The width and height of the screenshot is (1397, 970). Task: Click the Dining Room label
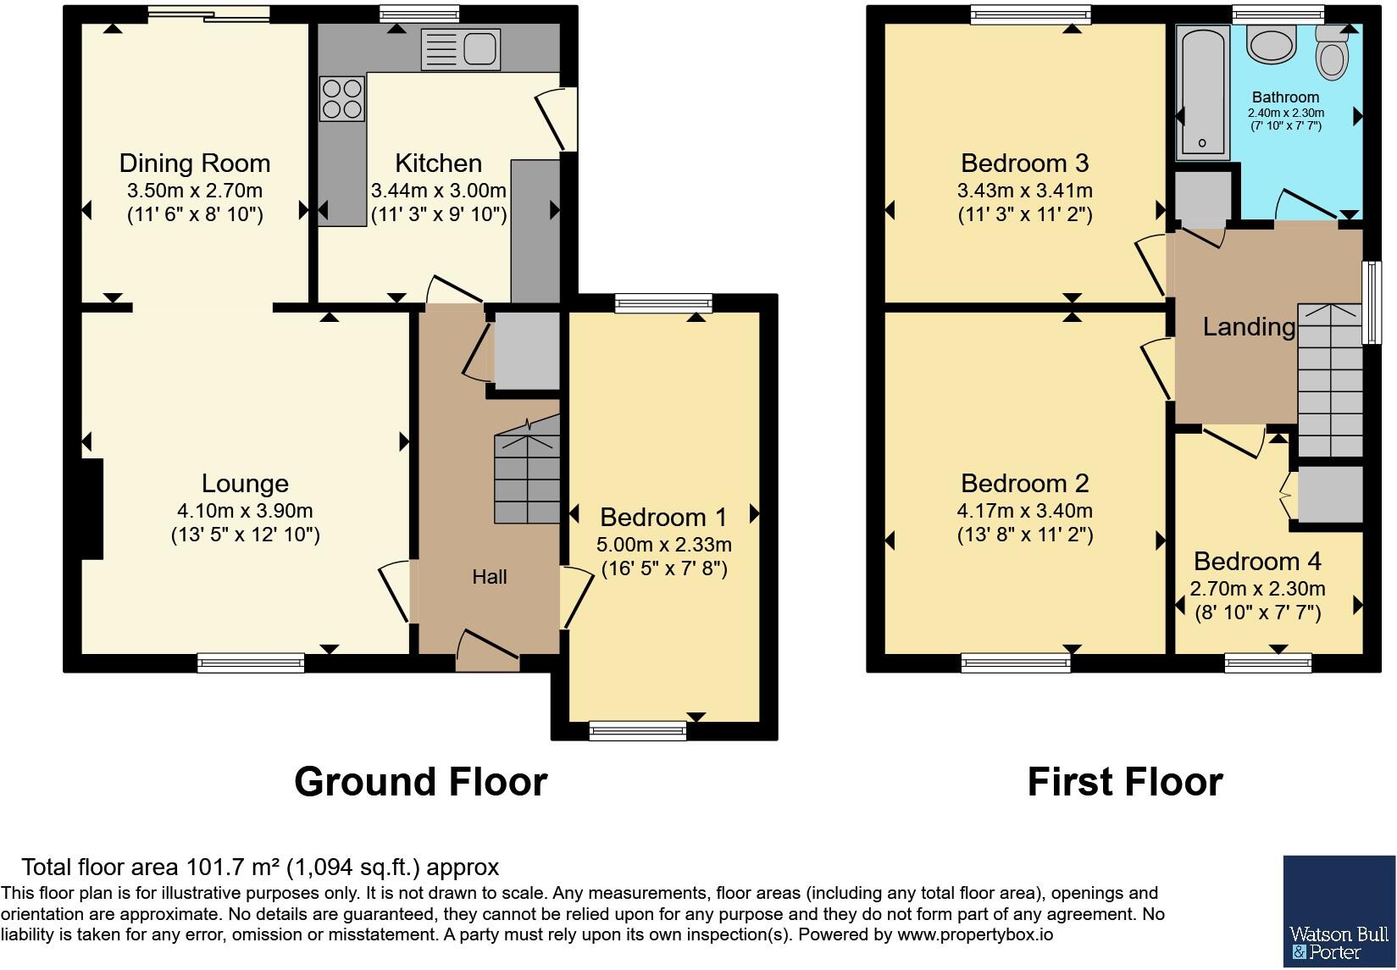pos(195,164)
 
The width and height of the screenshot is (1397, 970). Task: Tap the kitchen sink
pos(460,48)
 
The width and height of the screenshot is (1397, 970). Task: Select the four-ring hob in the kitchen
pos(341,98)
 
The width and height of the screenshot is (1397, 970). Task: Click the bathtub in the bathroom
pos(1202,92)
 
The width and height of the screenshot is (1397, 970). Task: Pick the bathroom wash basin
pos(1271,44)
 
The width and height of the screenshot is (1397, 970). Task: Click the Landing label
pos(1249,327)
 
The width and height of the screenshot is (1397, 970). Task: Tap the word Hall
pos(490,577)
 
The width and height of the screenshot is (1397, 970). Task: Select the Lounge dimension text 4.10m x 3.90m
pos(245,511)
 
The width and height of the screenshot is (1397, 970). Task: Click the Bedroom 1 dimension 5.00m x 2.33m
pos(663,545)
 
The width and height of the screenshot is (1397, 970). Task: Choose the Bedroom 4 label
pos(1257,562)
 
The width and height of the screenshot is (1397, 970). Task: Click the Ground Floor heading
pos(421,782)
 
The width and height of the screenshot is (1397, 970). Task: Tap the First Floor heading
pos(1124,782)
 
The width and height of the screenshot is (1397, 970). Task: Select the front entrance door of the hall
pos(488,651)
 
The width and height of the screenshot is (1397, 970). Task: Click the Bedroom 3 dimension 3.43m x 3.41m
pos(1025,191)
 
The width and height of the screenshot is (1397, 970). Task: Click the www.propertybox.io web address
pos(975,935)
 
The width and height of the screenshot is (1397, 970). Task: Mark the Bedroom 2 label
pos(1025,484)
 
